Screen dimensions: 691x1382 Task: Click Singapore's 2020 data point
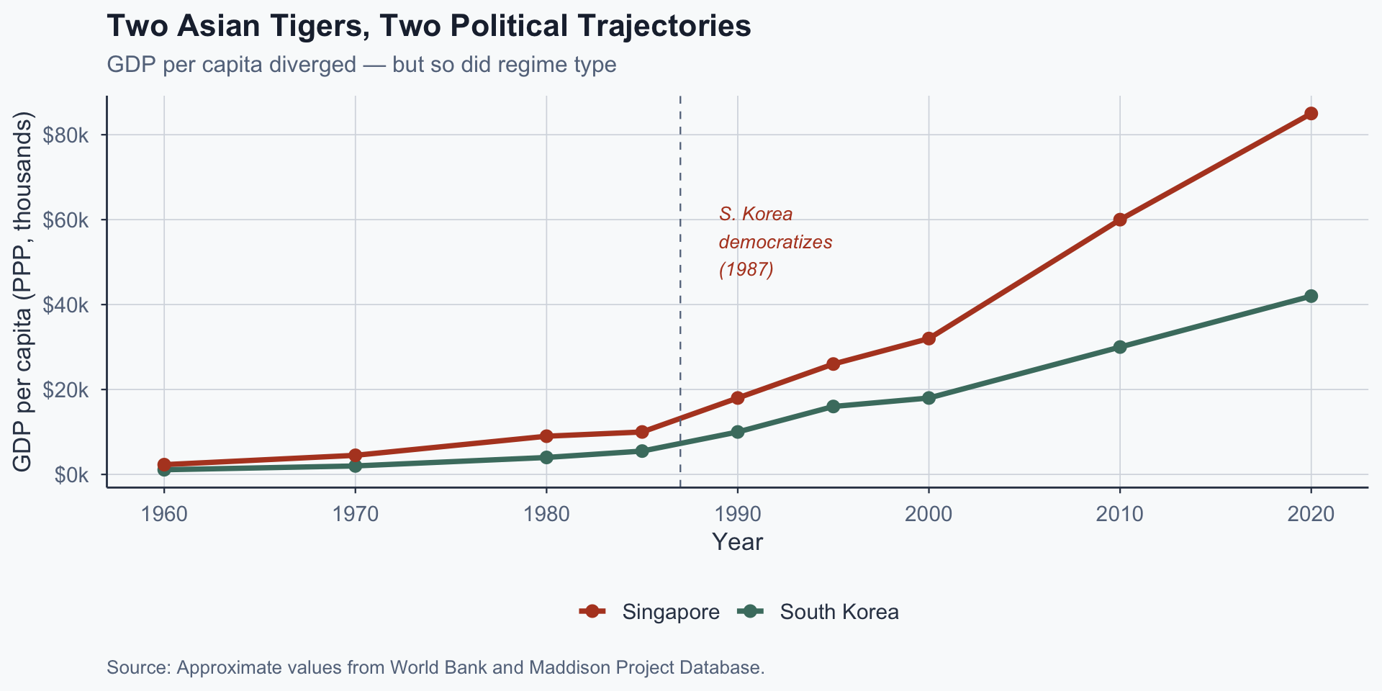pyautogui.click(x=1311, y=114)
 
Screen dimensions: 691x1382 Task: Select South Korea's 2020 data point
pyautogui.click(x=1311, y=296)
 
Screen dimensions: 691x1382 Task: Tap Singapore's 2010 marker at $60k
pyautogui.click(x=1120, y=220)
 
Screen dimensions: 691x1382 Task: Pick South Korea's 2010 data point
pyautogui.click(x=1120, y=347)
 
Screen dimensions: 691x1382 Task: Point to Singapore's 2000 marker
pyautogui.click(x=929, y=338)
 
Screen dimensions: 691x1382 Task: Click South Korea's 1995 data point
pyautogui.click(x=833, y=407)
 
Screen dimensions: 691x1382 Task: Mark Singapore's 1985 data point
pyautogui.click(x=642, y=432)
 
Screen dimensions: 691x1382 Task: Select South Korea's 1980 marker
pyautogui.click(x=546, y=457)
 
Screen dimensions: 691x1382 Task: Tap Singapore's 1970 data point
pyautogui.click(x=355, y=455)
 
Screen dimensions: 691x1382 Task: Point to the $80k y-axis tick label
pyautogui.click(x=66, y=135)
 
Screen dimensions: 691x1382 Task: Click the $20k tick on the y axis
pyautogui.click(x=66, y=390)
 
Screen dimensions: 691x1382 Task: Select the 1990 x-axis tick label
pyautogui.click(x=737, y=514)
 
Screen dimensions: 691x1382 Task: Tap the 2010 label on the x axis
pyautogui.click(x=1120, y=514)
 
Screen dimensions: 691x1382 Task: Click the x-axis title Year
pyautogui.click(x=737, y=542)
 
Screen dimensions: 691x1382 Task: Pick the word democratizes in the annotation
pyautogui.click(x=775, y=242)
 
